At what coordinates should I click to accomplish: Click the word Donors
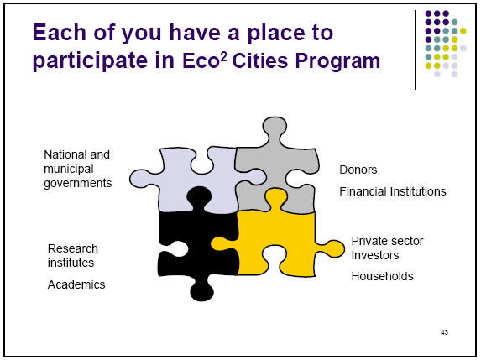(x=358, y=170)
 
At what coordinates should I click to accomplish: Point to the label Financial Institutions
(x=392, y=191)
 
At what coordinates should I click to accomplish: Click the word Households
(x=382, y=276)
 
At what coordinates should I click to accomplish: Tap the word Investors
(x=375, y=255)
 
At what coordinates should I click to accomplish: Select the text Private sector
(x=387, y=241)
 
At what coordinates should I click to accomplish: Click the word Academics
(x=76, y=284)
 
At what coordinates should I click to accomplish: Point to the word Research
(x=73, y=248)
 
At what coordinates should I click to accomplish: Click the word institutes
(x=71, y=263)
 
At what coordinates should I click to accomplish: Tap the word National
(x=65, y=154)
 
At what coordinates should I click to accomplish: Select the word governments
(x=77, y=183)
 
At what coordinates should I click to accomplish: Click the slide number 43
(x=444, y=333)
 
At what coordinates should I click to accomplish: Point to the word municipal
(x=68, y=169)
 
